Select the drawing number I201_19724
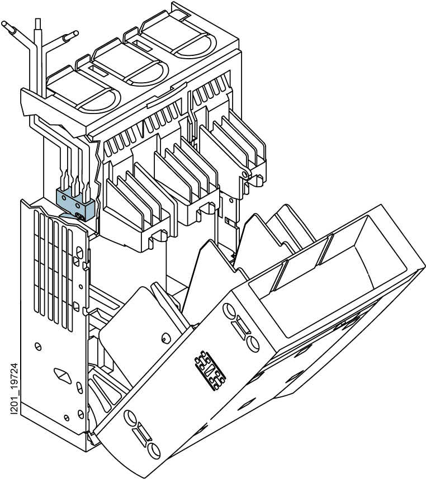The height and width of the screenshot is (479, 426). (15, 389)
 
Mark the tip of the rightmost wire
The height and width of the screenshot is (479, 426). (75, 34)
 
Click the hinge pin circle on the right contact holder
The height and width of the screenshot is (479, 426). (244, 174)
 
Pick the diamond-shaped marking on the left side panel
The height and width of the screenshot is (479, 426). (63, 376)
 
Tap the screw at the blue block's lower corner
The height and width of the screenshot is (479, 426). (79, 217)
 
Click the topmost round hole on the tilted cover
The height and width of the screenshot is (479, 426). (229, 311)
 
